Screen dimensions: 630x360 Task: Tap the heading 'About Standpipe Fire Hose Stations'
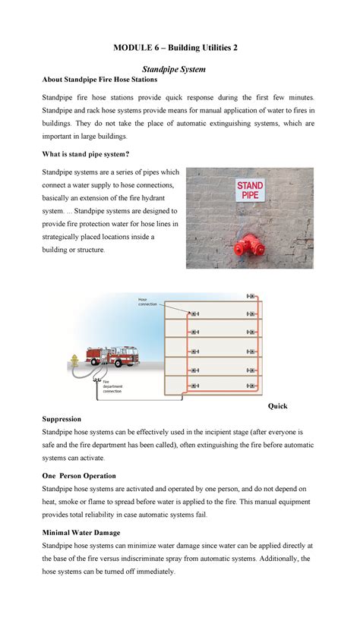pyautogui.click(x=99, y=80)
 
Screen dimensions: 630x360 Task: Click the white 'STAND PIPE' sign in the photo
pyautogui.click(x=250, y=189)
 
